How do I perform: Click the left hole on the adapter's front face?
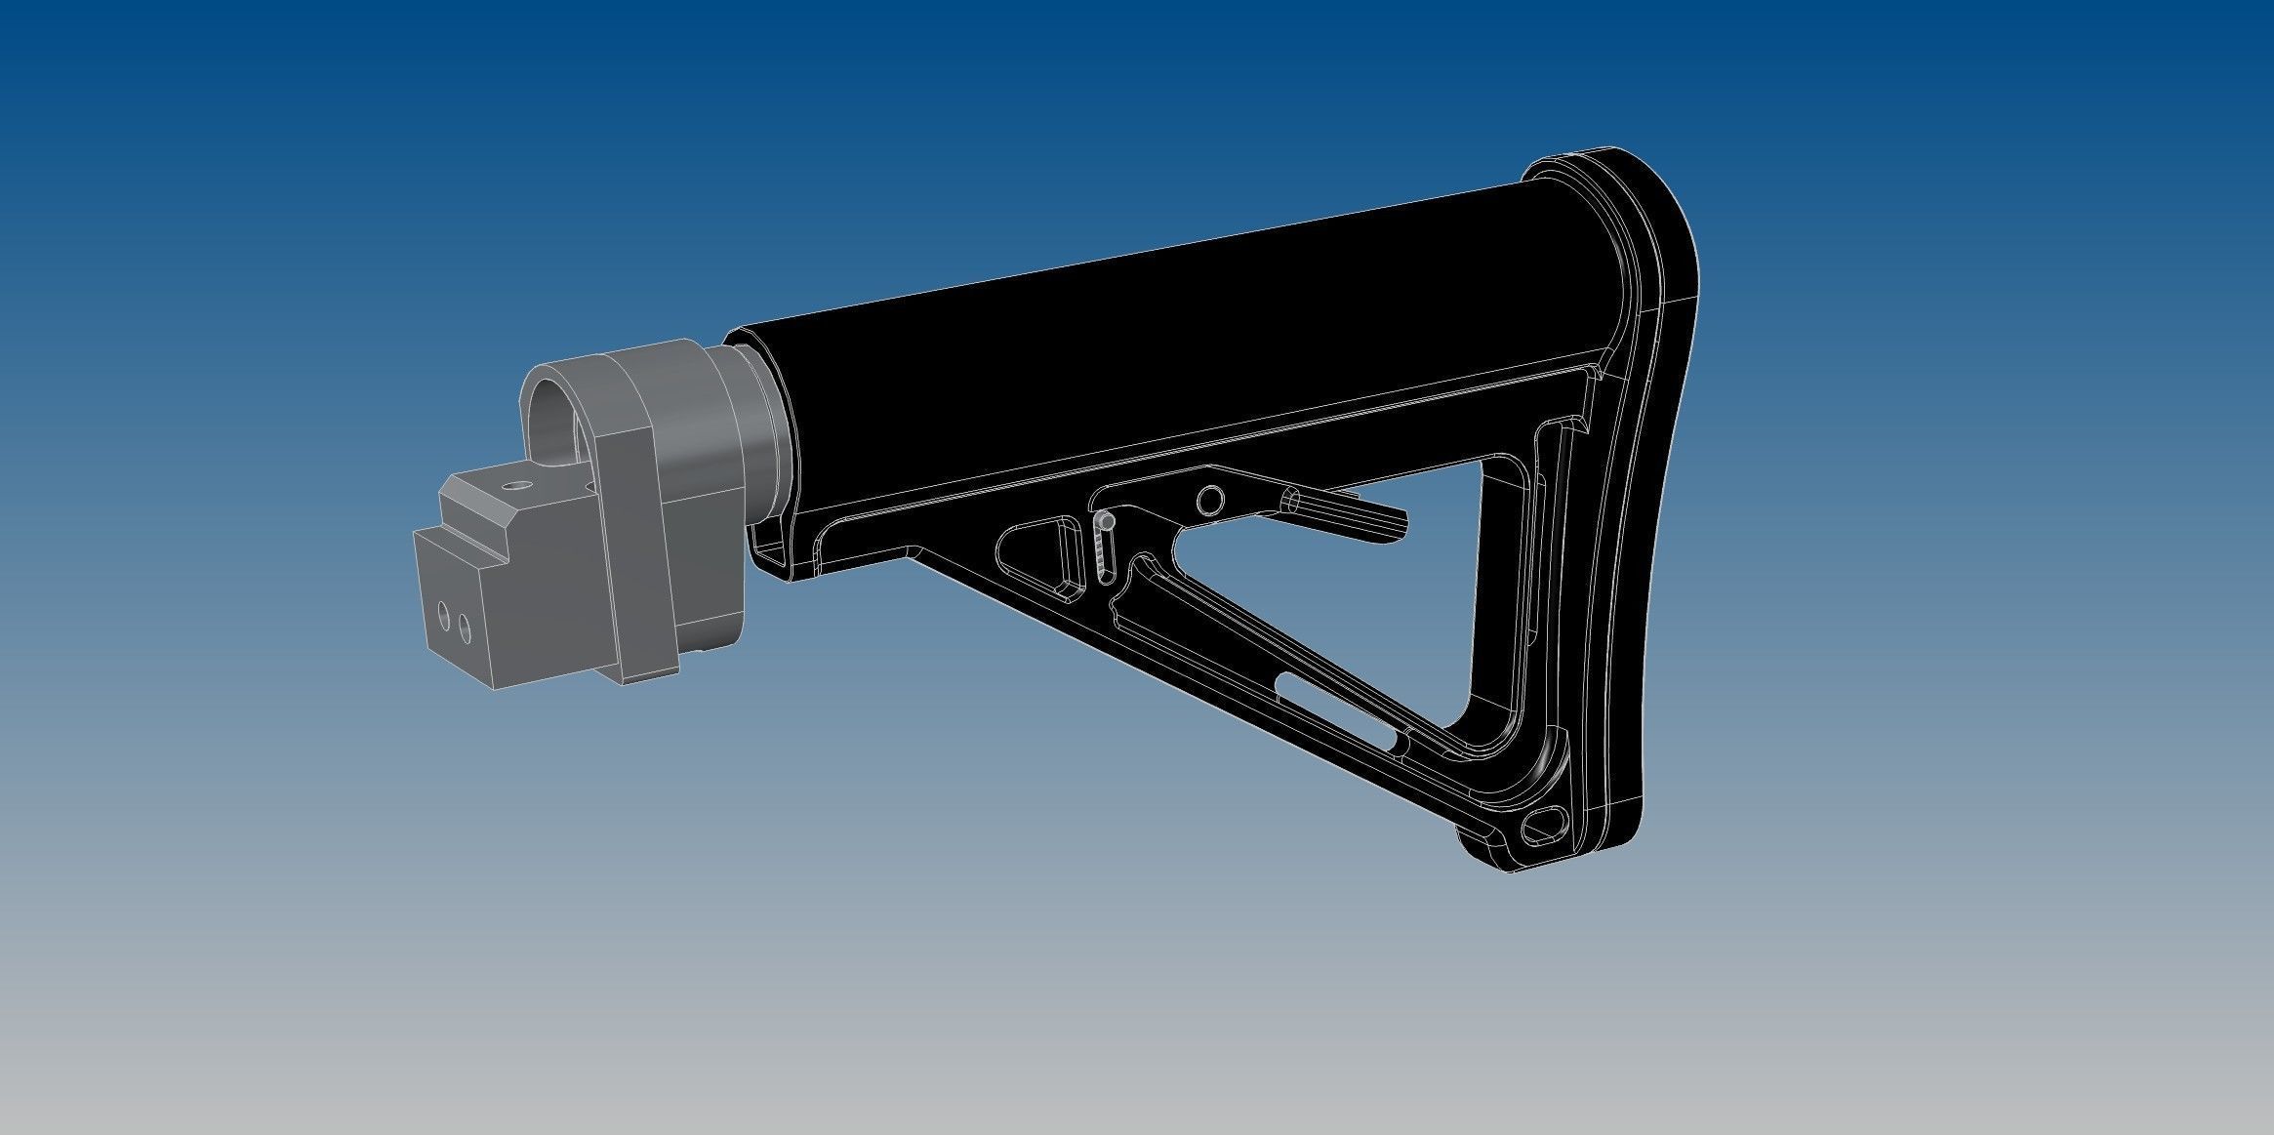tap(444, 617)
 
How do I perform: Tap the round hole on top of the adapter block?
tap(512, 484)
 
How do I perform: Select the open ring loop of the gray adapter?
tap(558, 410)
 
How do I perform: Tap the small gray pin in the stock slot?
tap(1104, 523)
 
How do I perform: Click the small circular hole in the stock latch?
tap(1210, 501)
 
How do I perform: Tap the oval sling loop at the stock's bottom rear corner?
tap(1546, 826)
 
